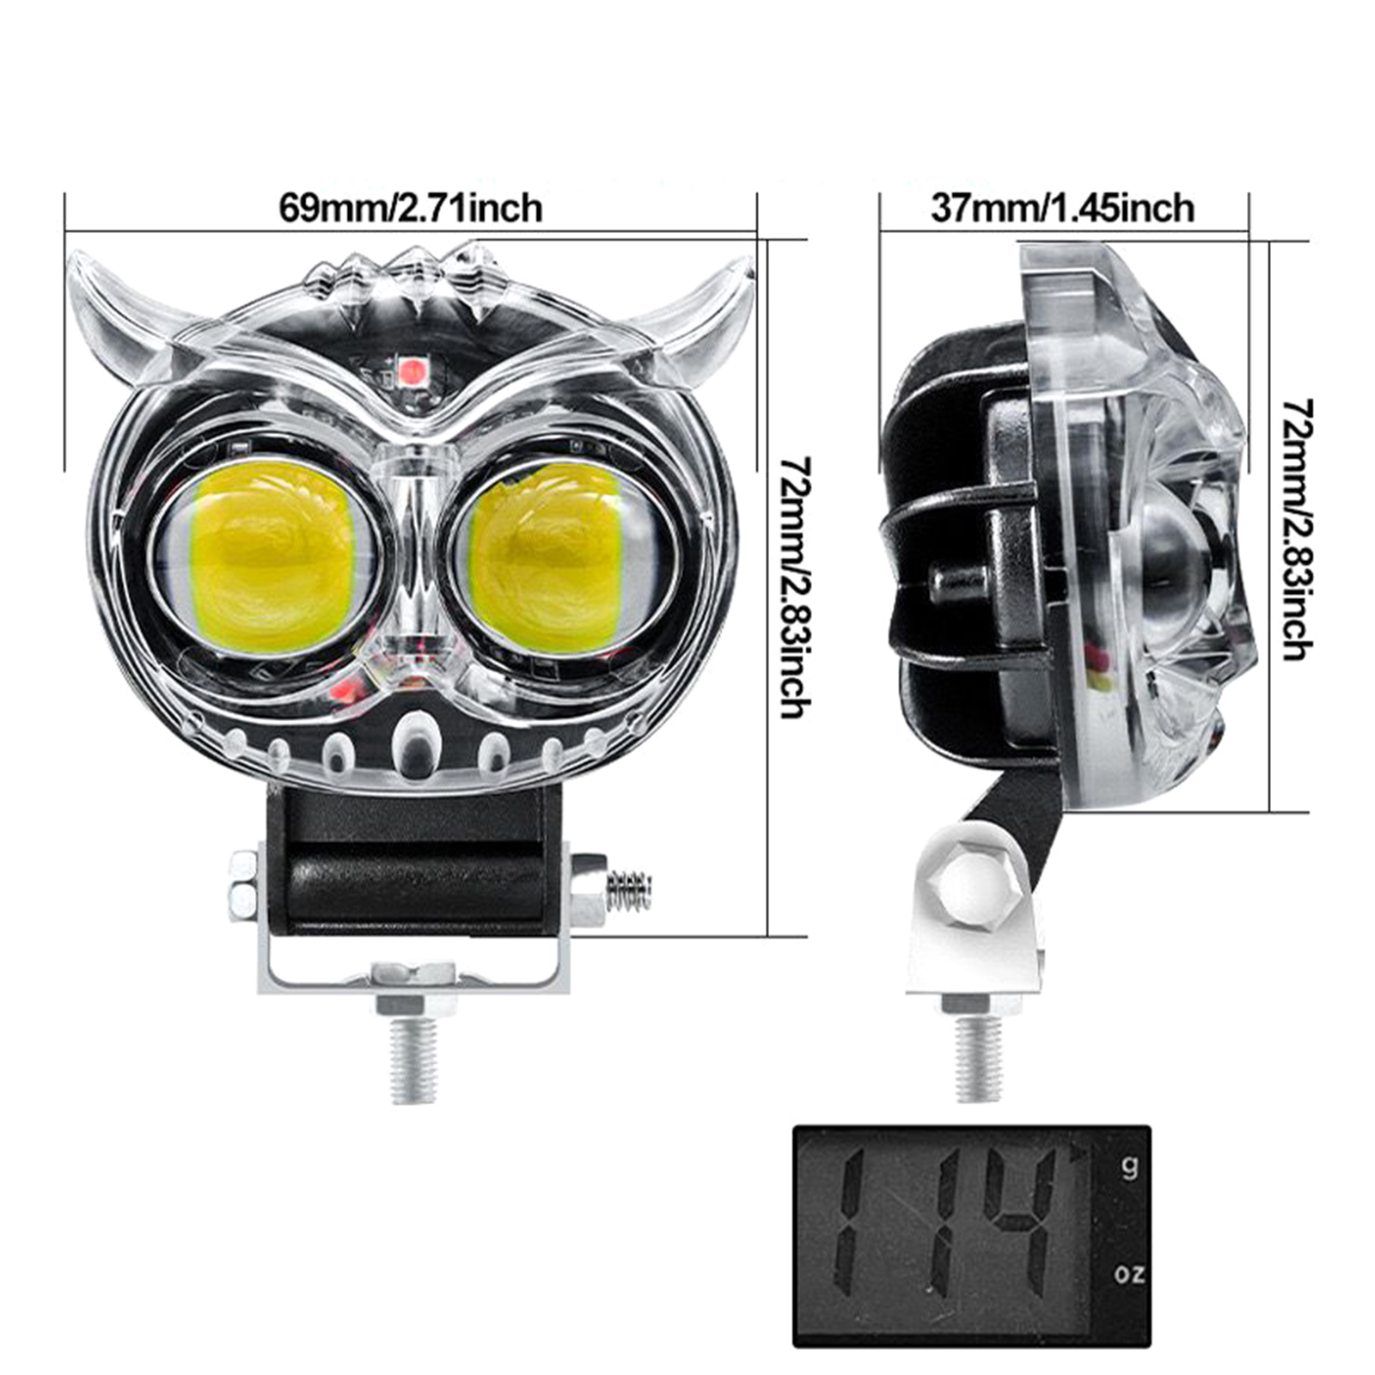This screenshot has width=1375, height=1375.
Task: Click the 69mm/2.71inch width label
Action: pyautogui.click(x=411, y=208)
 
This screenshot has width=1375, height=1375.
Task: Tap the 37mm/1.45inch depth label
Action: pyautogui.click(x=1062, y=208)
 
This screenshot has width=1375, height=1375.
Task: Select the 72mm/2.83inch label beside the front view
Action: pyautogui.click(x=792, y=587)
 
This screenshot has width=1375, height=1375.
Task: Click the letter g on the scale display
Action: pyautogui.click(x=1129, y=1167)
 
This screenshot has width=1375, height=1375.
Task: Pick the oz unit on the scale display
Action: pyautogui.click(x=1129, y=1274)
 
